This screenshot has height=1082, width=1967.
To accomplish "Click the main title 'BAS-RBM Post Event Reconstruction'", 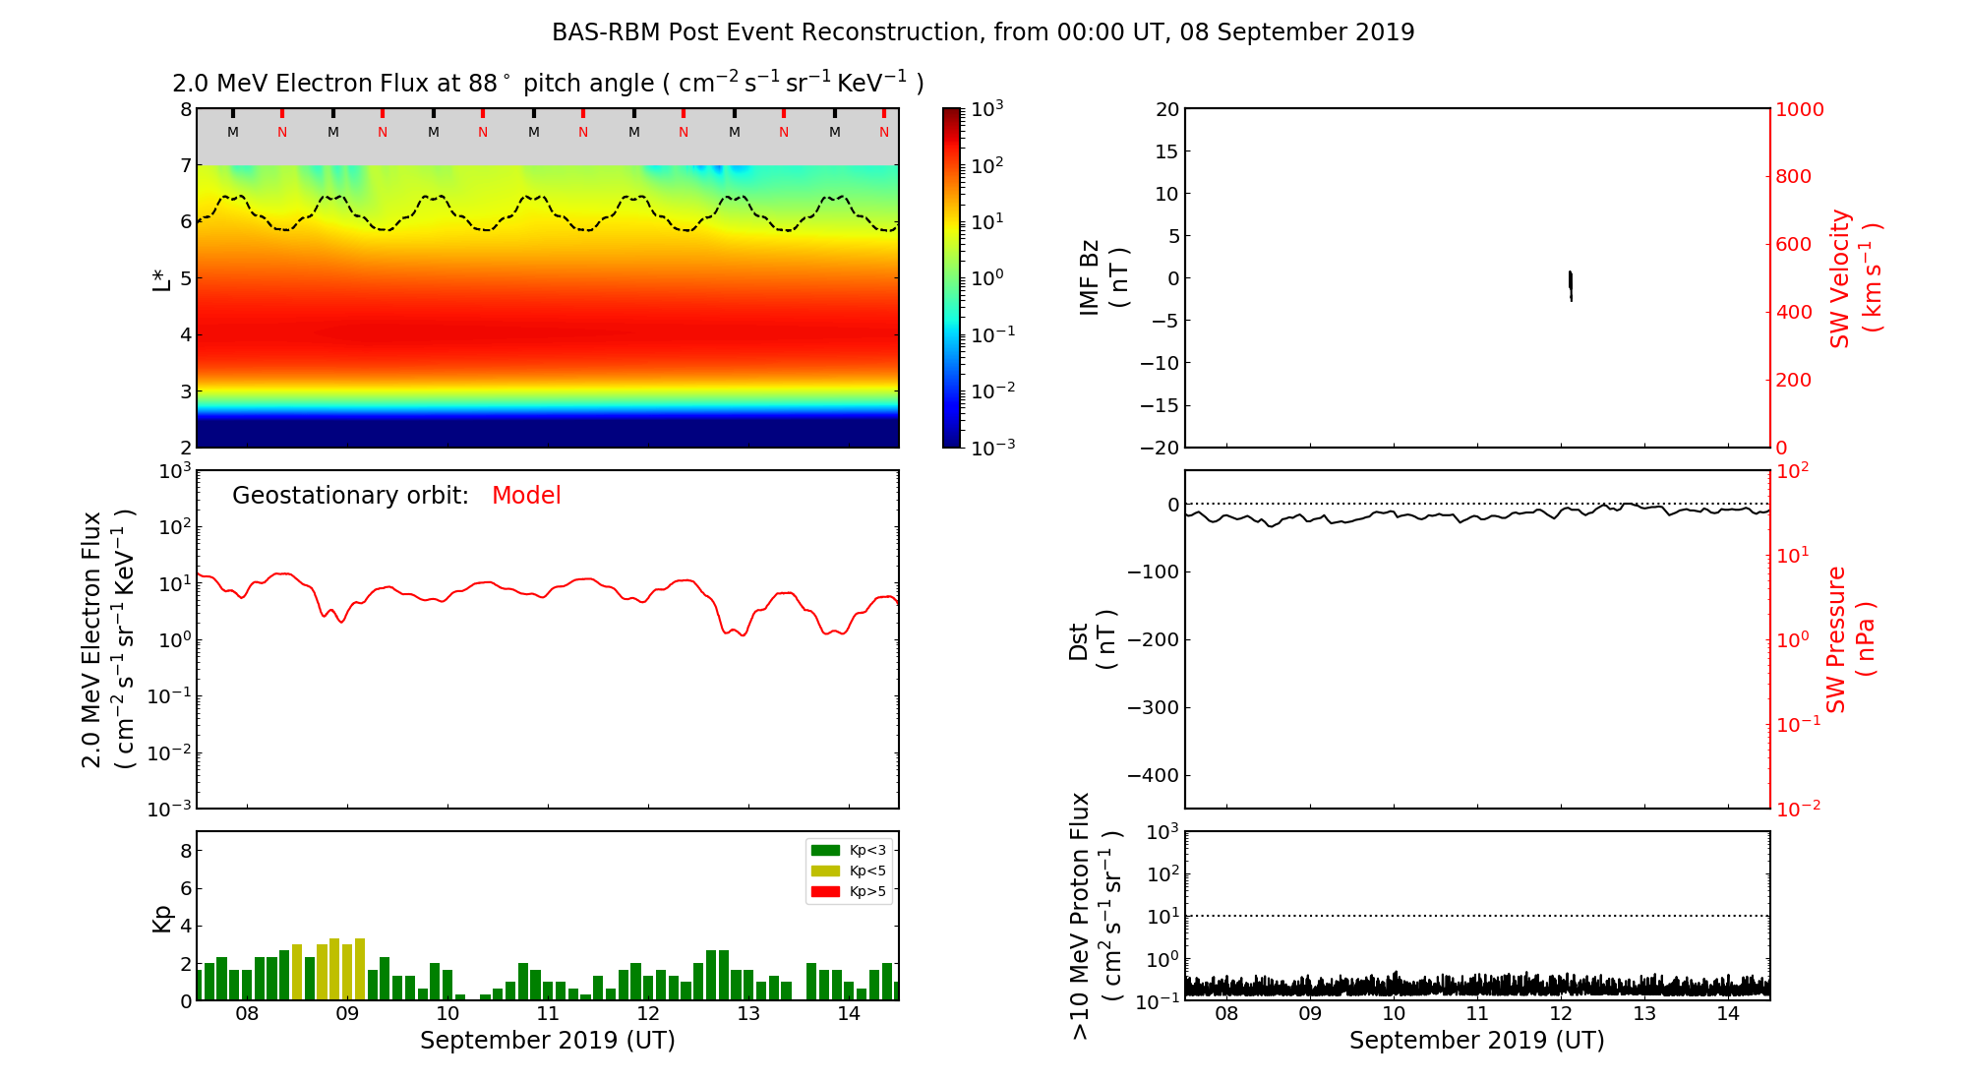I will click(982, 32).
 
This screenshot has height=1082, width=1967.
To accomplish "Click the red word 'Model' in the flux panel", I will click(526, 496).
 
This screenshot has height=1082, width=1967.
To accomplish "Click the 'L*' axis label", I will click(161, 278).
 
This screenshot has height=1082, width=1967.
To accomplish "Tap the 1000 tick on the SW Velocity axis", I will click(1800, 109).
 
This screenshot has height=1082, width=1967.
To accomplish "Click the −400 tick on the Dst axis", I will click(1154, 775).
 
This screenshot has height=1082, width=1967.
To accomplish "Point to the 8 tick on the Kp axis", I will click(186, 851).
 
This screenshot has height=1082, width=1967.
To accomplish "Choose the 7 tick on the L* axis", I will click(186, 165).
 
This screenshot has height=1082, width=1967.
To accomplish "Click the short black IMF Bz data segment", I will click(1571, 284).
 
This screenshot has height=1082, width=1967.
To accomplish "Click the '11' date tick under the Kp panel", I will click(548, 1014).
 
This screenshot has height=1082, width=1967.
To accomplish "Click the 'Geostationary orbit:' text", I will click(350, 496).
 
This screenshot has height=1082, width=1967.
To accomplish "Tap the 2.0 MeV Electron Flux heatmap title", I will click(548, 84).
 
